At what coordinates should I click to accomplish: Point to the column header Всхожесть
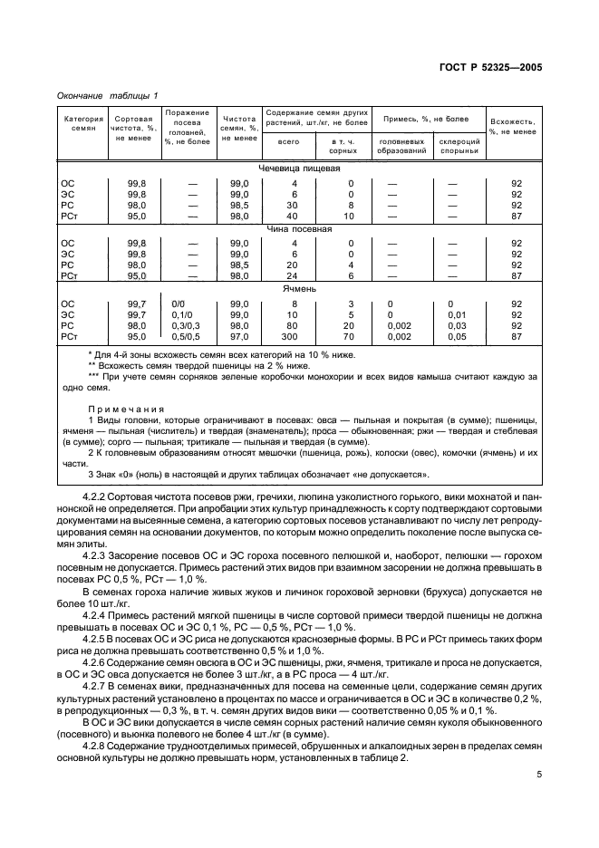click(513, 126)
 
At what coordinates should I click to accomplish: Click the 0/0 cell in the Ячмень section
click(178, 304)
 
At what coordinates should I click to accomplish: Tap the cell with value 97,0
click(238, 336)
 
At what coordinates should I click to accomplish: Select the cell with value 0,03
click(458, 325)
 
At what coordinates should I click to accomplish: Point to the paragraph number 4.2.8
click(96, 722)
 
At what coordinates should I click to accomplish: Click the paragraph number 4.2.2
click(96, 499)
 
